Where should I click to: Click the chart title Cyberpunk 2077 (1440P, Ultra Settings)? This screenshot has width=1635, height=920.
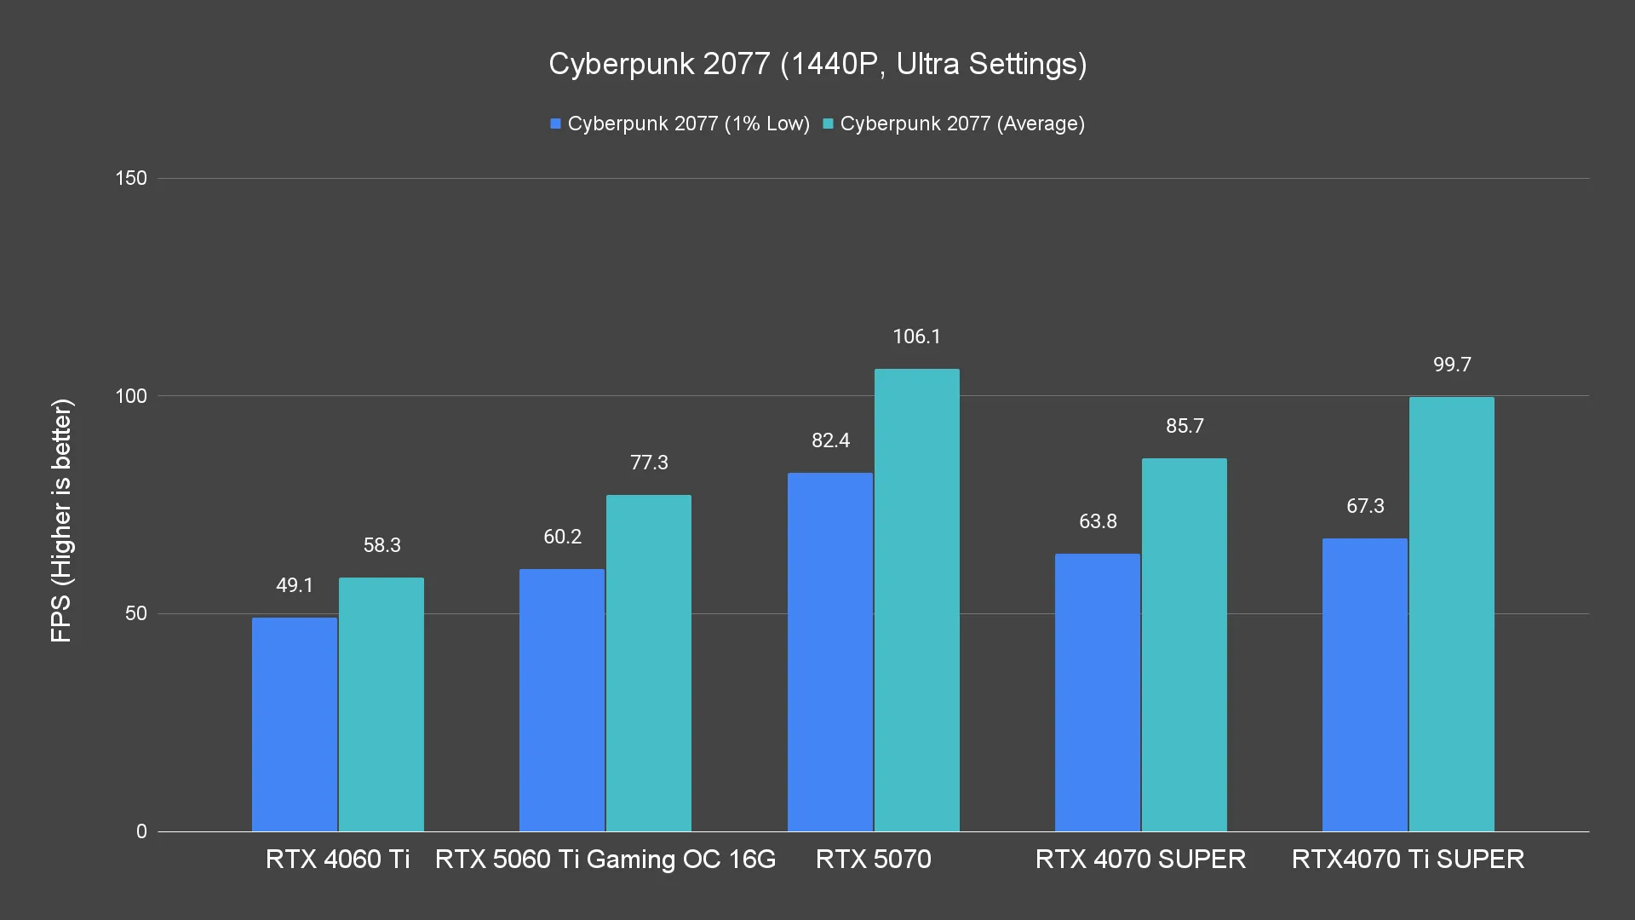(817, 64)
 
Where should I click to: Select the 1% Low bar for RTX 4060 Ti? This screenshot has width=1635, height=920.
(295, 724)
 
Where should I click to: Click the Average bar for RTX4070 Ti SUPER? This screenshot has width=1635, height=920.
(1451, 614)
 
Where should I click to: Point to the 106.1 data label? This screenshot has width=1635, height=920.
(916, 336)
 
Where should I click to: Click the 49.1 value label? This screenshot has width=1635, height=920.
(295, 585)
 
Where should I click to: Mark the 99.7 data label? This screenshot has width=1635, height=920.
(1452, 365)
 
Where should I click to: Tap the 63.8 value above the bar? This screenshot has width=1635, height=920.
(1098, 521)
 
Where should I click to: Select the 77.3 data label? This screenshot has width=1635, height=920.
(649, 463)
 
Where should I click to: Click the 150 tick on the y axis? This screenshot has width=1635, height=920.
(131, 179)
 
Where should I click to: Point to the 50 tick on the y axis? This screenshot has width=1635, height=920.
(136, 614)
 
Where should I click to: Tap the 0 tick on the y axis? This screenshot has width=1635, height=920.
(141, 832)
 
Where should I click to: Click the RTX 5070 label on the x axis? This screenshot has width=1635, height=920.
(873, 859)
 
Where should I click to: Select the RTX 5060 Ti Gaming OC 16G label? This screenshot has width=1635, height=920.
(605, 859)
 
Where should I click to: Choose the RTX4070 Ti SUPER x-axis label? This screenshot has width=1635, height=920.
(1408, 859)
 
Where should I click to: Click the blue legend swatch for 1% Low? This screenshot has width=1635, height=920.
(556, 124)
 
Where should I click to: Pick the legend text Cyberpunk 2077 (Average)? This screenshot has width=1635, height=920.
(962, 124)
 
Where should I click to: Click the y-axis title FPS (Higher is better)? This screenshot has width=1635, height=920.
(61, 520)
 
